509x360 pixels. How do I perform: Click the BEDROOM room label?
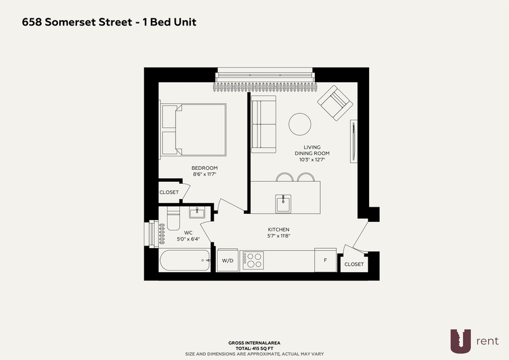click(x=204, y=168)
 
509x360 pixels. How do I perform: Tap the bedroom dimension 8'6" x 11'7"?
click(x=204, y=174)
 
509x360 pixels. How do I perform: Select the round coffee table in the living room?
click(x=300, y=124)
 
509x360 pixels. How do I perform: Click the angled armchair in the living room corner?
click(x=335, y=103)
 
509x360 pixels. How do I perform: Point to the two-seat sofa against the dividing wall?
click(x=263, y=124)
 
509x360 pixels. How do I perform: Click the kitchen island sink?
click(x=283, y=204)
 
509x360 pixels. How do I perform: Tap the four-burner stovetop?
click(x=253, y=260)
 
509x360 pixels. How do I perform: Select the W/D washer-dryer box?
click(x=228, y=260)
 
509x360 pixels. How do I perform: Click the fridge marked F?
click(x=325, y=260)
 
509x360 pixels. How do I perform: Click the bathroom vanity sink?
click(x=197, y=213)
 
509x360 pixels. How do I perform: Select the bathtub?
click(x=185, y=260)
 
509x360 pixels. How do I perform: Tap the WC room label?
click(x=188, y=233)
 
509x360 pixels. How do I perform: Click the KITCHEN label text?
click(x=279, y=230)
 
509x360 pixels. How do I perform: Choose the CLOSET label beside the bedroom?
click(x=169, y=192)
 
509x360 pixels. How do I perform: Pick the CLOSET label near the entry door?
click(x=354, y=264)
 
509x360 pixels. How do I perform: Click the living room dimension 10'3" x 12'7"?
click(x=312, y=160)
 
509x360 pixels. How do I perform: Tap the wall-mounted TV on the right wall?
click(x=354, y=141)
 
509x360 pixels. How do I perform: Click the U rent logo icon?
click(x=460, y=341)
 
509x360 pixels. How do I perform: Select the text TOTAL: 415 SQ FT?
click(x=254, y=349)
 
